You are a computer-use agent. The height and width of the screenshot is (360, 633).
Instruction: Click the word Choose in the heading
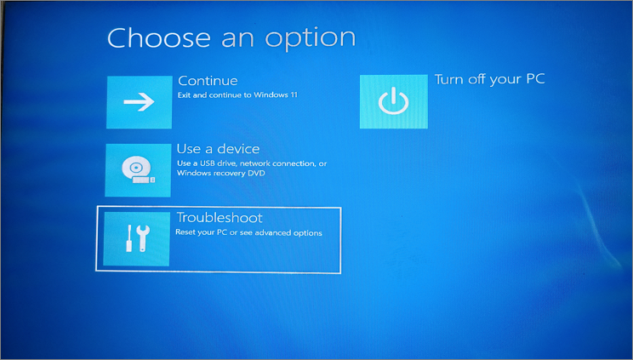click(159, 38)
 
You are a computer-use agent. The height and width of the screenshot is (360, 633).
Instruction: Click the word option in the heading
click(310, 39)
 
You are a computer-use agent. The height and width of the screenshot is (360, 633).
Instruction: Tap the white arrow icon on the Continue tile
click(139, 101)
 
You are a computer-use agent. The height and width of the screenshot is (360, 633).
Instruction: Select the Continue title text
click(208, 81)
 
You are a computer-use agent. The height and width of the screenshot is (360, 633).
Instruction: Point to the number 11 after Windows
click(294, 95)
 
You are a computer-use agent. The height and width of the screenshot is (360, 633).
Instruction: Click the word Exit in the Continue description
click(184, 95)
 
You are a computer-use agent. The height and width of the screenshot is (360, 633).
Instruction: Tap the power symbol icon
click(394, 101)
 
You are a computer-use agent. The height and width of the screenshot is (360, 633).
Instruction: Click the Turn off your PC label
click(490, 79)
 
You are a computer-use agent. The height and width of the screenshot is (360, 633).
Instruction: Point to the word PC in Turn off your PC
click(535, 78)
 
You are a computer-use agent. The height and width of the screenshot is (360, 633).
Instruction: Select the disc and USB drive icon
click(138, 169)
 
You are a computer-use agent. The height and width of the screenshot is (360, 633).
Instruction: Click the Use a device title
click(218, 149)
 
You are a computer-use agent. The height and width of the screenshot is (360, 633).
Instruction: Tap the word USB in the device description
click(208, 163)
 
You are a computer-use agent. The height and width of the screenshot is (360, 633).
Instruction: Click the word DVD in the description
click(257, 174)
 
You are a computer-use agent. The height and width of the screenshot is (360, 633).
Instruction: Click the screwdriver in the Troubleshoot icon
click(128, 238)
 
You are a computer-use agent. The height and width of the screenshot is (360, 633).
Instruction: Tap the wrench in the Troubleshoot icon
click(142, 238)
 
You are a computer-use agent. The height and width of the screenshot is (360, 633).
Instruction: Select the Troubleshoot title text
click(220, 218)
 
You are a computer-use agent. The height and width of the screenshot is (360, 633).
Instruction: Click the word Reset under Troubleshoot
click(185, 232)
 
